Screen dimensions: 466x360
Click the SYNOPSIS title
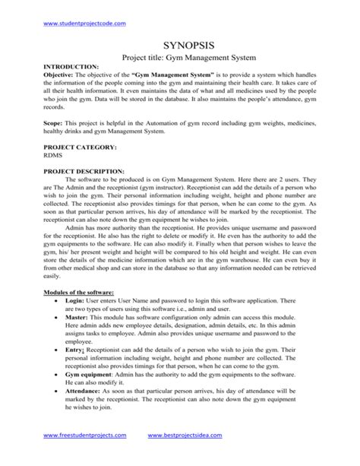179,47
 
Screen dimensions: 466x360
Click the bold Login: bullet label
77,322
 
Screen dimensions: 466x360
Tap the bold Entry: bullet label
77,371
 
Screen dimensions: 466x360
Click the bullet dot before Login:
58,322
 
